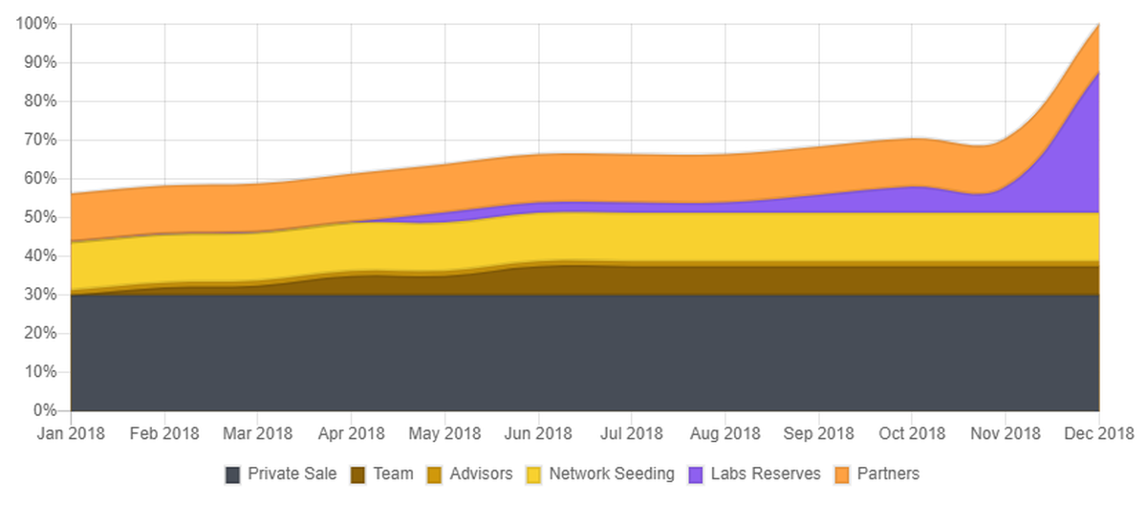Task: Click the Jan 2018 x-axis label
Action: [x=71, y=433]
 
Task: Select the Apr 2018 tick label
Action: [x=351, y=433]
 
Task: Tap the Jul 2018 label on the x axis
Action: [x=631, y=433]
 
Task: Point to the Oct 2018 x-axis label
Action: [x=911, y=433]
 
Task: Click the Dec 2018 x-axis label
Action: [x=1098, y=433]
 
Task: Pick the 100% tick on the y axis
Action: [x=36, y=24]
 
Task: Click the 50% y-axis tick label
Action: [x=40, y=217]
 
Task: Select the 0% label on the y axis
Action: [x=44, y=410]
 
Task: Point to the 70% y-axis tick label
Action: [x=40, y=140]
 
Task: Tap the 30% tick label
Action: [x=40, y=295]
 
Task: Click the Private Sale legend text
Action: [x=292, y=474]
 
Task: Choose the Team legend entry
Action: [x=394, y=474]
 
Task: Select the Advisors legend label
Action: [x=481, y=474]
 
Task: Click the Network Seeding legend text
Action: [x=612, y=474]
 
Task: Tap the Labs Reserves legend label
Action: [x=765, y=474]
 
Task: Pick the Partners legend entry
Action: [x=888, y=474]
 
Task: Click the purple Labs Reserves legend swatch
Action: [x=695, y=474]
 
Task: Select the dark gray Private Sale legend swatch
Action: [x=232, y=474]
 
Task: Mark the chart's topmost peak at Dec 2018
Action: [x=1098, y=25]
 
